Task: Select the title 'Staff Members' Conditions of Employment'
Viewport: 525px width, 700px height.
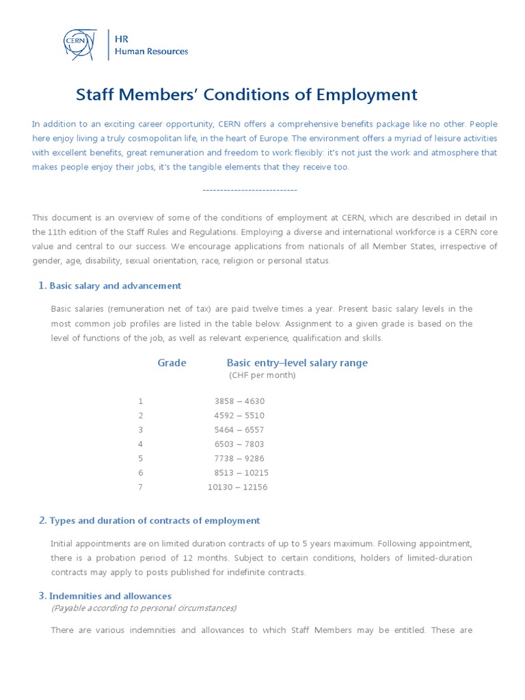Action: pos(246,94)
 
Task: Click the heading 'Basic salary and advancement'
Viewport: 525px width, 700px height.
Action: pos(115,286)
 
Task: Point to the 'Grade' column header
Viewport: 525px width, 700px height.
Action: pos(172,363)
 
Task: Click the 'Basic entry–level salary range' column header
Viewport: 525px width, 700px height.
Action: pos(297,363)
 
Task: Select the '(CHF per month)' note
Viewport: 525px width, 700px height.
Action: pos(262,375)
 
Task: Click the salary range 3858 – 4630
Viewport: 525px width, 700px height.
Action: pos(239,401)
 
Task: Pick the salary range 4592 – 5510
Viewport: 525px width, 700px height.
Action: pos(239,416)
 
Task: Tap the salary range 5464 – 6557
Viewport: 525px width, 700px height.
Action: pos(239,430)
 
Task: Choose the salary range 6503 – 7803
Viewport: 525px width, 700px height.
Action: pos(239,444)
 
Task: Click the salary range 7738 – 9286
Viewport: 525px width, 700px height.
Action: pos(239,459)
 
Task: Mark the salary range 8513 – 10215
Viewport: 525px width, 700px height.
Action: pos(241,473)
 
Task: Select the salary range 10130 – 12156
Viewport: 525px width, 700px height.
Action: pos(238,487)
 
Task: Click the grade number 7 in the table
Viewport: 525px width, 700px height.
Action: pos(141,487)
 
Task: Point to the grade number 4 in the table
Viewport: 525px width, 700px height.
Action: pos(141,444)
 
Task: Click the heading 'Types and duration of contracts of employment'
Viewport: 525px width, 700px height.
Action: pos(154,521)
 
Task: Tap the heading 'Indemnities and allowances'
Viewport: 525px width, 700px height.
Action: pos(110,596)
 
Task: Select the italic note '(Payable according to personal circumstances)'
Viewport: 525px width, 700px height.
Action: pos(144,608)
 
